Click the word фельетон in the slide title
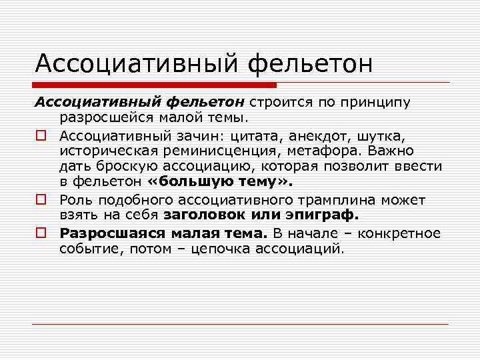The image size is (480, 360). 309,64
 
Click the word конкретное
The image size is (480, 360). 399,233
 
